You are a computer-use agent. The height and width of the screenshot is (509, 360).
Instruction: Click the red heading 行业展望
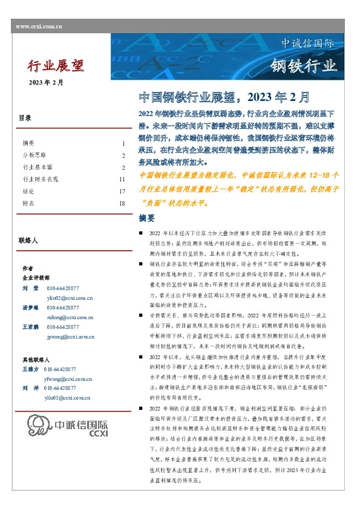coord(56,65)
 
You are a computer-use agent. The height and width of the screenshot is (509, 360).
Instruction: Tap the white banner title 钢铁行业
coord(303,66)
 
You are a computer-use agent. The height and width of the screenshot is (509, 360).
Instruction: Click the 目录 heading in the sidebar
coord(25,118)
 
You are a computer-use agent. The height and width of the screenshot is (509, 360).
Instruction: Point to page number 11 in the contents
coord(122,180)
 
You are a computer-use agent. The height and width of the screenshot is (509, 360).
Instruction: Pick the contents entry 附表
coord(28,204)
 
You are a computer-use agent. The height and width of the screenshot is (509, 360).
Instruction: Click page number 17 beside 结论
coord(122,192)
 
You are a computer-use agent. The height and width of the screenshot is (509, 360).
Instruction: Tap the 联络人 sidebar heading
coord(28,241)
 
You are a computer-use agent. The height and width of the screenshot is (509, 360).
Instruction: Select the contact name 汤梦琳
coord(31,307)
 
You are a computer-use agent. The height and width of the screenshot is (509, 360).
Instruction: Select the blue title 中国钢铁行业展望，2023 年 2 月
coord(224,97)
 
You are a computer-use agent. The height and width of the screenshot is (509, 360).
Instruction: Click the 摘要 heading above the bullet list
coord(147,218)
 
